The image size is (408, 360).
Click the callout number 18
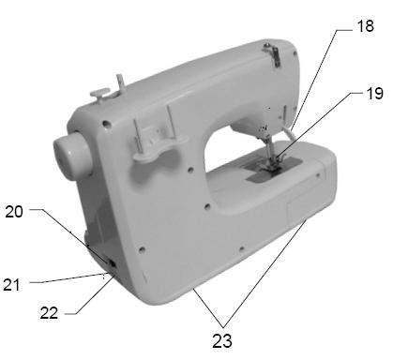[365, 25]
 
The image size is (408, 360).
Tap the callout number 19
[374, 93]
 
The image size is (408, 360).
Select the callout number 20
[14, 212]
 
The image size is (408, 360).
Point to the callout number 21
[11, 285]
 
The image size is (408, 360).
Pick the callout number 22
[49, 312]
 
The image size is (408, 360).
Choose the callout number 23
[222, 340]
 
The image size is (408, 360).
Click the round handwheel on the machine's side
[72, 157]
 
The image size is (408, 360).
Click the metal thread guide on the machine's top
[273, 53]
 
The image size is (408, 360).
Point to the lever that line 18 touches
[289, 134]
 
